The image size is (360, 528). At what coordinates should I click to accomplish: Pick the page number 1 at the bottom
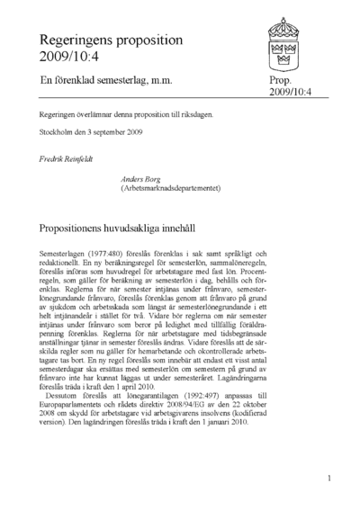(330, 479)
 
